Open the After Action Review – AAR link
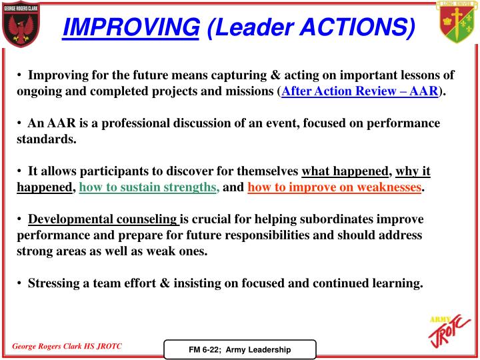click(x=359, y=91)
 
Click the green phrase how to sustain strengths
click(x=149, y=187)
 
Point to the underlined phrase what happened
click(x=345, y=171)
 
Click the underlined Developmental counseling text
click(x=103, y=219)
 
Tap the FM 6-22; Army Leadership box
click(x=240, y=349)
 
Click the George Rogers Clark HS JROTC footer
click(x=67, y=347)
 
